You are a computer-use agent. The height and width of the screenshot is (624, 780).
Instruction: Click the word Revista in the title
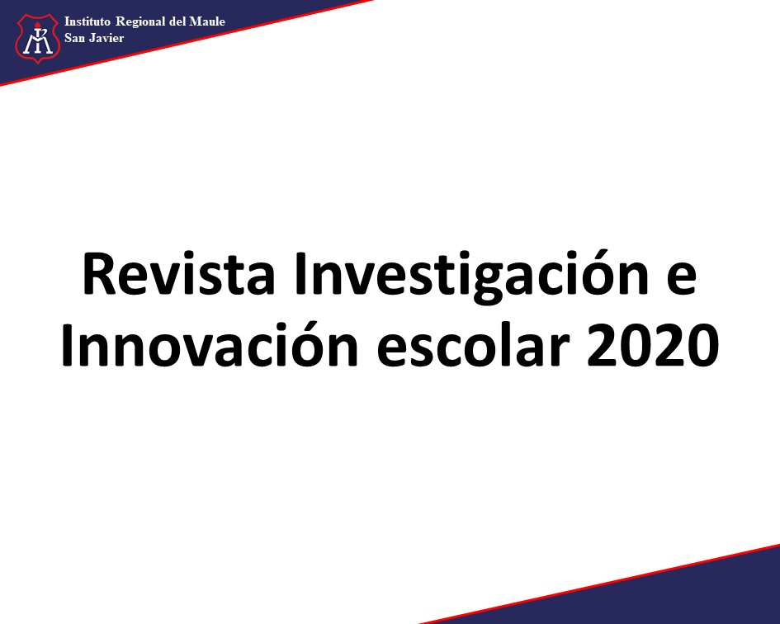click(179, 274)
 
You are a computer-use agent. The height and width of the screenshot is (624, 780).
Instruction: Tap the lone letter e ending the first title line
click(682, 280)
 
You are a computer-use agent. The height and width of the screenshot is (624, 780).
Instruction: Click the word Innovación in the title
click(210, 343)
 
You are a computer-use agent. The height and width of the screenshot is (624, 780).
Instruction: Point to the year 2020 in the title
click(653, 345)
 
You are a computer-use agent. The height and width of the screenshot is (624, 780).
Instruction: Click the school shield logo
click(38, 38)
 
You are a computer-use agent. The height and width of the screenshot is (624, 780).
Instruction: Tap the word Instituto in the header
click(87, 21)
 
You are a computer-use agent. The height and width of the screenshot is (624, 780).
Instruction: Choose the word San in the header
click(74, 38)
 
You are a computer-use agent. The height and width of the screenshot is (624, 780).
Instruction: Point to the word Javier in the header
click(106, 38)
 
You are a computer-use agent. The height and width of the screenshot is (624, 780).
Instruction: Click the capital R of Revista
click(97, 274)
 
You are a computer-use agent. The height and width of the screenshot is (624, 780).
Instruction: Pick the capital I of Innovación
click(68, 344)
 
